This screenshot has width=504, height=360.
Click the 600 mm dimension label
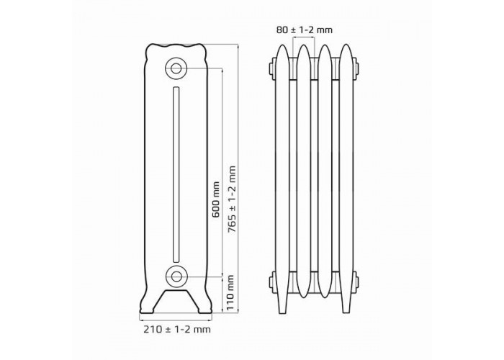point(216,199)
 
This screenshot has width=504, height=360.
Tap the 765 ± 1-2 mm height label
point(231,199)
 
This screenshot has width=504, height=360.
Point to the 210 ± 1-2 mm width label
point(177,329)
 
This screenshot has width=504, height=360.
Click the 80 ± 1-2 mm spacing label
point(305,30)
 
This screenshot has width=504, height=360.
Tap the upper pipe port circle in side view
point(176,68)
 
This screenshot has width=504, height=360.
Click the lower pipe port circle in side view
point(176,276)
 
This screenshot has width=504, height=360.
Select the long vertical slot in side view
point(176,174)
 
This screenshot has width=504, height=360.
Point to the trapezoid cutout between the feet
point(176,301)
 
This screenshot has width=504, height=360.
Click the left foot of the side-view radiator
point(148,302)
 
